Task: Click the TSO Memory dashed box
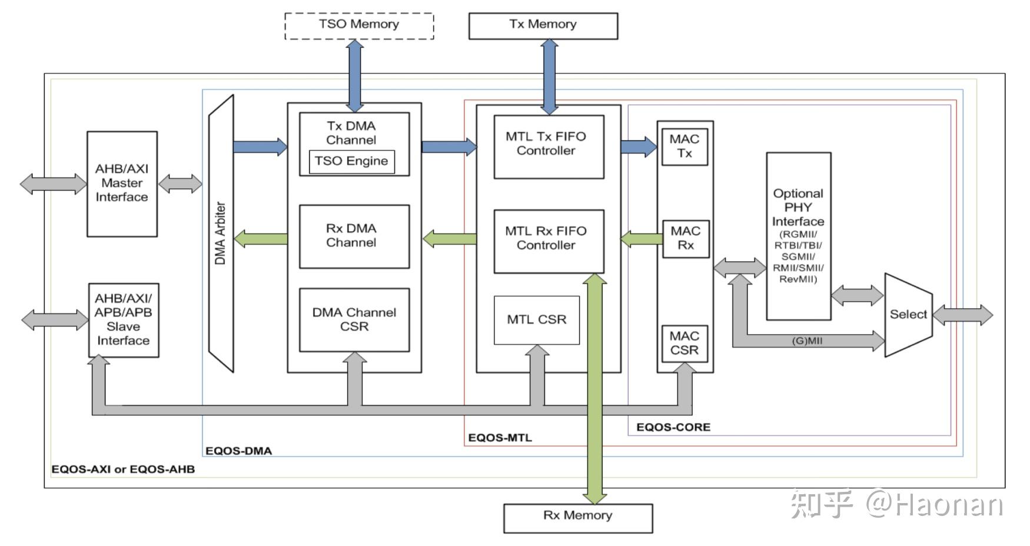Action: (x=359, y=25)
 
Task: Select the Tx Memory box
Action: (x=543, y=25)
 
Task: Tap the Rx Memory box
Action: (x=577, y=517)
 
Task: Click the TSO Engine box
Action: (x=351, y=161)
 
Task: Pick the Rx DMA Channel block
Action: (x=354, y=236)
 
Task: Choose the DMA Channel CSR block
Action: (x=354, y=319)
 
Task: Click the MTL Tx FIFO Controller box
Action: (x=548, y=146)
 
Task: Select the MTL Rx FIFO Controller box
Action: (x=548, y=241)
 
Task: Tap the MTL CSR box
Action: (x=536, y=319)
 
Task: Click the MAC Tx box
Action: (x=684, y=147)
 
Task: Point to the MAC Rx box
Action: (x=685, y=238)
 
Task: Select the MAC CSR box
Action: (x=684, y=343)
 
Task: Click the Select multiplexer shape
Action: (x=908, y=314)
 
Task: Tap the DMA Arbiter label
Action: (x=220, y=233)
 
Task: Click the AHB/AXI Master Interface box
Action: (x=122, y=184)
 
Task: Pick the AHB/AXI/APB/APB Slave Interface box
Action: (x=123, y=319)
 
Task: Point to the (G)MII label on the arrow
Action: (x=806, y=341)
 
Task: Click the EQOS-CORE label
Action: (x=673, y=427)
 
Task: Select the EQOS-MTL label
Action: (x=500, y=438)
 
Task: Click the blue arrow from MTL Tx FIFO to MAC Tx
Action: (x=638, y=146)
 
